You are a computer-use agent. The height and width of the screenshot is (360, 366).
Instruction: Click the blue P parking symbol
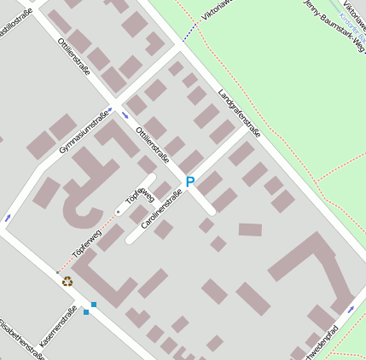[x=190, y=182]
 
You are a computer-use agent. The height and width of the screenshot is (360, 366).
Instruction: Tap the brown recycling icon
[x=67, y=281]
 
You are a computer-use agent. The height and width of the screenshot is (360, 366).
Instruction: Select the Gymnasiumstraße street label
[x=84, y=132]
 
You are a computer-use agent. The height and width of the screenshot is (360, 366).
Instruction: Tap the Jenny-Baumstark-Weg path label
[x=335, y=18]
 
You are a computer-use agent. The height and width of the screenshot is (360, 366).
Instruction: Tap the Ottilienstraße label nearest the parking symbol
[x=153, y=141]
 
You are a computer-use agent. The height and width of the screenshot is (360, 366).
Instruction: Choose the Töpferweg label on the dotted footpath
[x=86, y=241]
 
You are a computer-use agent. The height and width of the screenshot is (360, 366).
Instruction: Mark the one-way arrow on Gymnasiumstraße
[x=125, y=113]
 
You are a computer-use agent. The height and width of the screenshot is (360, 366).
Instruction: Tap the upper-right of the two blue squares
[x=93, y=305]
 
